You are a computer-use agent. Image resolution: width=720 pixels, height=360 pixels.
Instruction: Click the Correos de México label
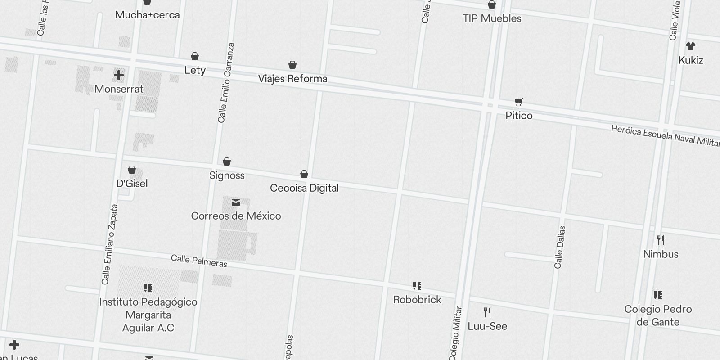pos(236,216)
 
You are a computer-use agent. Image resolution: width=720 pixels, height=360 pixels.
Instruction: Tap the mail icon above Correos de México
pos(236,203)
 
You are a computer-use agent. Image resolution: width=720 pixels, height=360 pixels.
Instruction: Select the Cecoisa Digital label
pos(304,188)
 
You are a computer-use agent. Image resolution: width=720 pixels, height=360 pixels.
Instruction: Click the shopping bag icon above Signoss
pos(227,162)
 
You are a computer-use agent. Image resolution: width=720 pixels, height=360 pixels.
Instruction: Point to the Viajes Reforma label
pos(292,79)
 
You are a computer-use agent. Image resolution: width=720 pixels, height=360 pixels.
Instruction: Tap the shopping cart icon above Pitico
pos(519,102)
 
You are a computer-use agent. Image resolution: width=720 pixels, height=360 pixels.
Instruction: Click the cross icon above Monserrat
pos(119,75)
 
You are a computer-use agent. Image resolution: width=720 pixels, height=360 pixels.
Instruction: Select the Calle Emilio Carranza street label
pos(226,83)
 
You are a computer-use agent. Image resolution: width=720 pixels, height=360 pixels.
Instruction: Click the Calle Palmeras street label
pos(199,261)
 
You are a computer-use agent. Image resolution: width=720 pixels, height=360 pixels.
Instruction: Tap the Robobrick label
pos(417,300)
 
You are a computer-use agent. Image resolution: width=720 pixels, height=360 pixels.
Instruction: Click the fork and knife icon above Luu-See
pos(487,312)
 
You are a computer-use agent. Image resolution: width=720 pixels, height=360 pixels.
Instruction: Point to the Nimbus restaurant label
pos(661,254)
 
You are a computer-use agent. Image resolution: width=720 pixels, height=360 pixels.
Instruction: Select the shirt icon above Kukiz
pos(691,46)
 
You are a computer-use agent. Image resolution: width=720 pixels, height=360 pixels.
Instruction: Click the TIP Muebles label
pos(492,18)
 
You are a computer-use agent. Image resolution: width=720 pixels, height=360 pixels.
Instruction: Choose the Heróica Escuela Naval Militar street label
pos(665,135)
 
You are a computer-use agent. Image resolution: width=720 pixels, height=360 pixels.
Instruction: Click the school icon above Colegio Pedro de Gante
pos(658,295)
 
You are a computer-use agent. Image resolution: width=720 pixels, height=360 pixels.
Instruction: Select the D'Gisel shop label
pos(132,184)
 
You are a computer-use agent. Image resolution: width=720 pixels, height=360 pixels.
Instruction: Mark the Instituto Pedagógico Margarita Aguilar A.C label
pos(148,315)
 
